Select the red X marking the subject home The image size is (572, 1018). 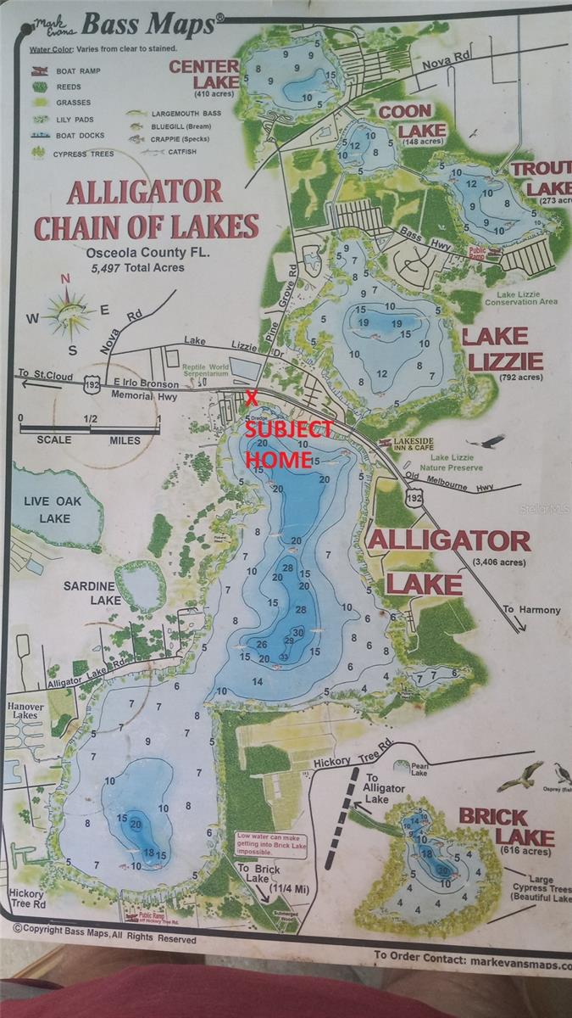[x=251, y=397]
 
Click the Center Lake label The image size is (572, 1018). [x=203, y=74]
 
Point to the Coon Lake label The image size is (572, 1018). [x=405, y=120]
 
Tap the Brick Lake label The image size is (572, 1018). [x=506, y=827]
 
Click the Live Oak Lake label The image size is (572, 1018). [x=53, y=509]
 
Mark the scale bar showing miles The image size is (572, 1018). [x=90, y=428]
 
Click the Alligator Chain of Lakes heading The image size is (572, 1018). [x=145, y=209]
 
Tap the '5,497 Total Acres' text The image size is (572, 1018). [x=136, y=267]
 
